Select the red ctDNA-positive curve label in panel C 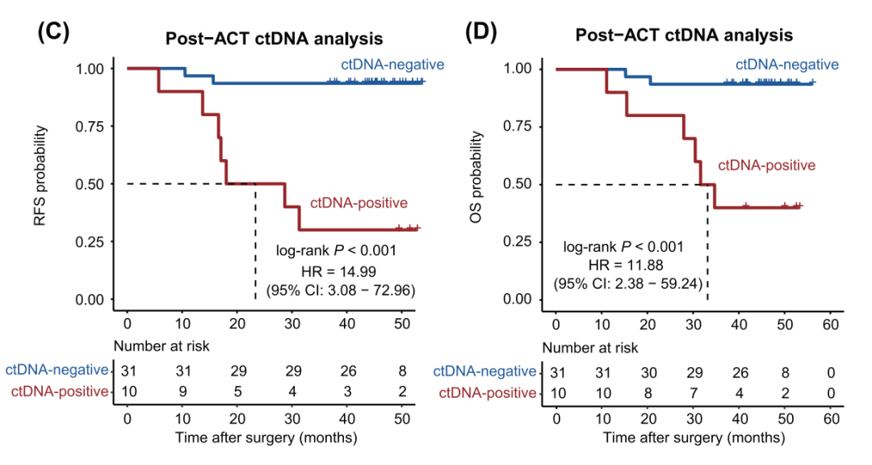[x=358, y=203]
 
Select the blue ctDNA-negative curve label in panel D [x=786, y=65]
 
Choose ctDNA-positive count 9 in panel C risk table [x=182, y=392]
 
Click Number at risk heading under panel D [x=589, y=348]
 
